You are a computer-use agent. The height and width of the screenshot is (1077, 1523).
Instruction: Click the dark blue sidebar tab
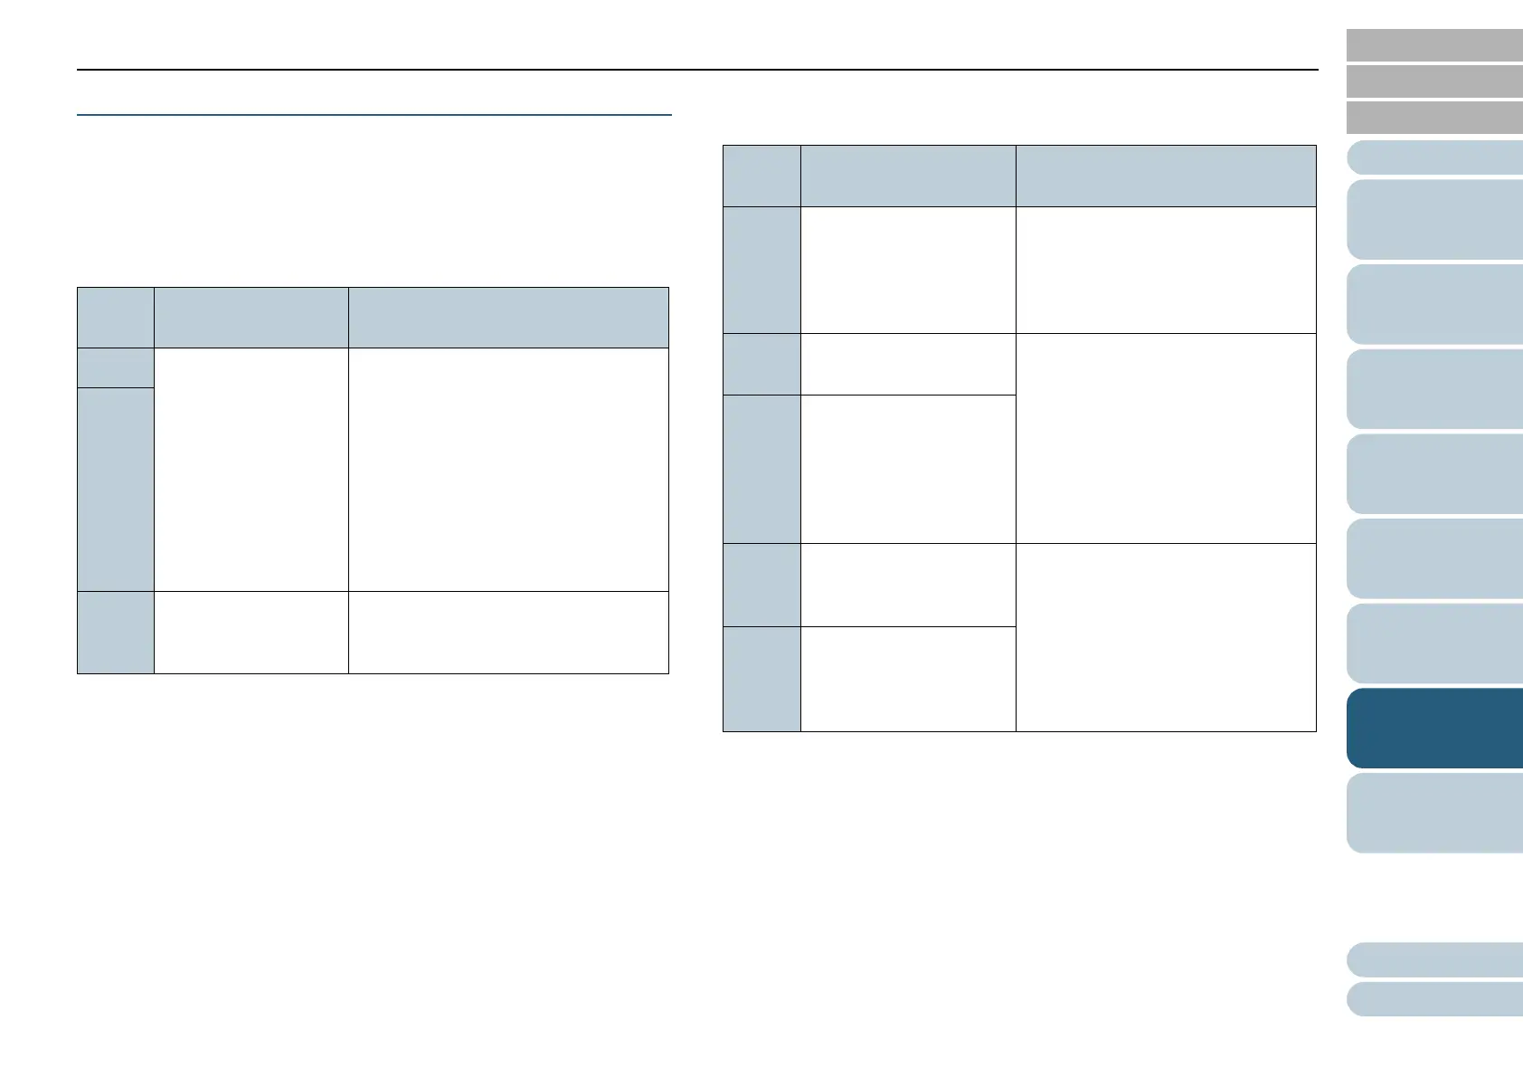pos(1434,728)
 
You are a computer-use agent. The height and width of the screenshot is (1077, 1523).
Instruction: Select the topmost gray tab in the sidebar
pos(1434,44)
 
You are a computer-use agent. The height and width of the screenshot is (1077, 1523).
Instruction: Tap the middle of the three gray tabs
pos(1434,81)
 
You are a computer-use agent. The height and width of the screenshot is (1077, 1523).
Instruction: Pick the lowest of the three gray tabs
pos(1434,118)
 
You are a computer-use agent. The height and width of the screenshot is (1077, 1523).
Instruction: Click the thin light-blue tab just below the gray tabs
pos(1434,157)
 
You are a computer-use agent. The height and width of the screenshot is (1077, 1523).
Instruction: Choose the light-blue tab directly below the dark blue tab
pos(1434,813)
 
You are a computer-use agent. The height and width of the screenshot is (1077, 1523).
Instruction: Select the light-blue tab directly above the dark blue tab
pos(1434,643)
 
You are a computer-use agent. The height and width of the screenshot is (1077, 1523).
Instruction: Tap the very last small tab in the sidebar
pos(1434,999)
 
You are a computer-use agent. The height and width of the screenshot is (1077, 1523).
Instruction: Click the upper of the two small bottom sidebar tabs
pos(1434,959)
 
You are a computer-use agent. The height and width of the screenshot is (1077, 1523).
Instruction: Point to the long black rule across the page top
pos(696,70)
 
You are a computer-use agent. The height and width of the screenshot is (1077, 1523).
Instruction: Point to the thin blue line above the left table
pos(374,115)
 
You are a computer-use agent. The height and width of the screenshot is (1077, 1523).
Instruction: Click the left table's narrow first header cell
pos(115,318)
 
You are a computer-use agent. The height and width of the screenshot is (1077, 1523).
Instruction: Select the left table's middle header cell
pos(251,318)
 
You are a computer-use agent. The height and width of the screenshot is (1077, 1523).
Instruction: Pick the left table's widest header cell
pos(508,318)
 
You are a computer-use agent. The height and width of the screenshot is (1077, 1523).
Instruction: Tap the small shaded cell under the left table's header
pos(115,367)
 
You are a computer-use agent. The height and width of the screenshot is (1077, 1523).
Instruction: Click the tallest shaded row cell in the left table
pos(115,489)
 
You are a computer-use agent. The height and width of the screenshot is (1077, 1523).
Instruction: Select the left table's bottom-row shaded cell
pos(115,632)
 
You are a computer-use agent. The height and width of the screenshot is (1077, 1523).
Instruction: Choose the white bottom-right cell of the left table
pos(508,632)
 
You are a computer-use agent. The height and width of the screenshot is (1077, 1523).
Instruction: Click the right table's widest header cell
pos(1165,176)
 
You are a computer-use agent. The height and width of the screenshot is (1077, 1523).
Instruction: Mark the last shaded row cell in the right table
pos(761,678)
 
